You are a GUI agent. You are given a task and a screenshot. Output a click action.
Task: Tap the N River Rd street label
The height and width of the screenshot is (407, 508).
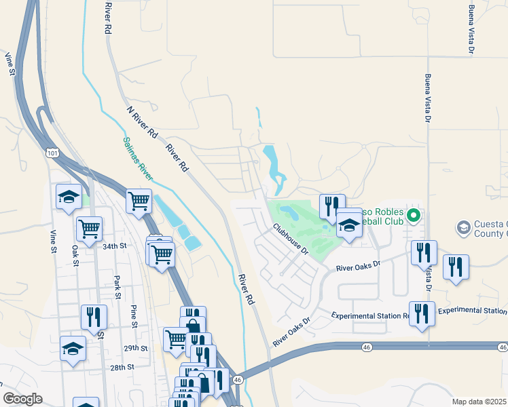(x=142, y=121)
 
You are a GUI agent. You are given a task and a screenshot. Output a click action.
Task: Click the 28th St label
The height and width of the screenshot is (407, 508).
(x=119, y=367)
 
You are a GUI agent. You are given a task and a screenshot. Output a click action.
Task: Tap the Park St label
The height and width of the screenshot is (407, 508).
(x=117, y=286)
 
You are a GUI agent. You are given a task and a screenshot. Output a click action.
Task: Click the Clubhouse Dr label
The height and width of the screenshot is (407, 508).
(x=291, y=239)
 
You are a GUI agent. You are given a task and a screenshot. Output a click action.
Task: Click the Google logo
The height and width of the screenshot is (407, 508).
(x=22, y=398)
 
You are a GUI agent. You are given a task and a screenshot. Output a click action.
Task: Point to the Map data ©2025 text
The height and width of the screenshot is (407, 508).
(x=479, y=402)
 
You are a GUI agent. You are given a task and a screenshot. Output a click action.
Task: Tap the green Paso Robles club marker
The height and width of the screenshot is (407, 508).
(x=412, y=218)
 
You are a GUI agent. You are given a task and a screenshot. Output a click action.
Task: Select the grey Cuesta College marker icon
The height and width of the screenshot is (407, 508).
(x=464, y=227)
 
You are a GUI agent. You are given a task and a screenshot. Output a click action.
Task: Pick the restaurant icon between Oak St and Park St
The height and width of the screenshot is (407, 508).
(x=94, y=317)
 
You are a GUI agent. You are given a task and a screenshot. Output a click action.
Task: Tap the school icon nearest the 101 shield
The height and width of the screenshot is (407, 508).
(x=69, y=197)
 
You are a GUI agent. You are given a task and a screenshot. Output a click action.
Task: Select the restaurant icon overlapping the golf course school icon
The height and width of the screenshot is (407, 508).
(x=332, y=206)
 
